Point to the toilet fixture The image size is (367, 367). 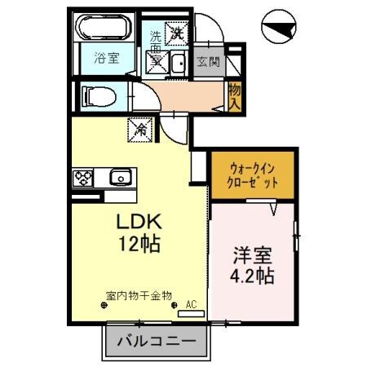pos(99,97)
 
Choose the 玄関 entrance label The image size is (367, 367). pos(207,61)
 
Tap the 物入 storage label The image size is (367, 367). pos(235,97)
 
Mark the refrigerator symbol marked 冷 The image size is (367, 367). pos(139,128)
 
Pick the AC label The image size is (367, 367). pos(192,304)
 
